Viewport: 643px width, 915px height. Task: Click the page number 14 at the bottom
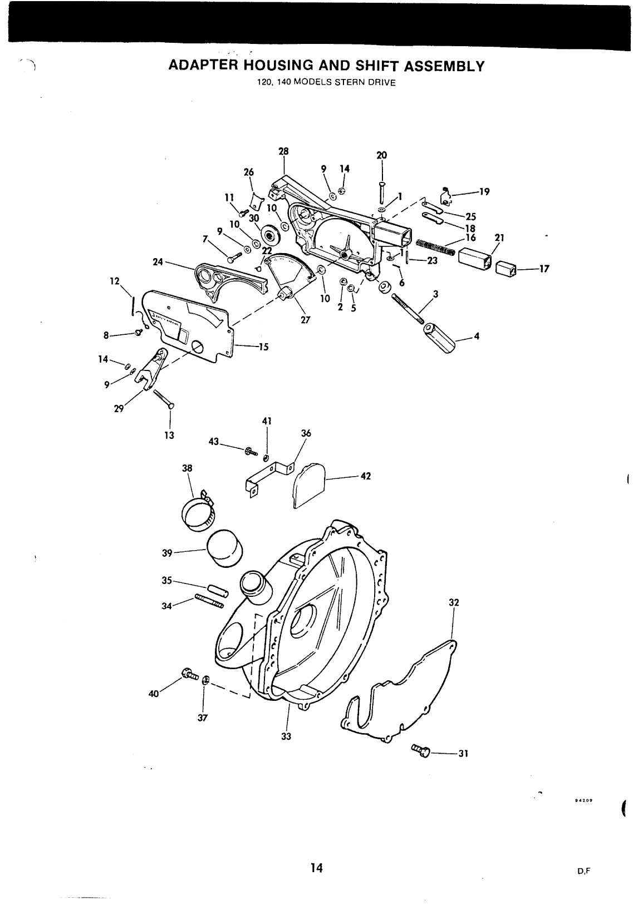tap(317, 868)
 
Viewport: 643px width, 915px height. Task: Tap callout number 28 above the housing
tap(284, 151)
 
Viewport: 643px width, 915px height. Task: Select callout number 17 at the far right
tap(544, 269)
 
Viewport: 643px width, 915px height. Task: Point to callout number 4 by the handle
tap(476, 336)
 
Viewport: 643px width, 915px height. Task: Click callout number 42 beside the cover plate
tap(365, 476)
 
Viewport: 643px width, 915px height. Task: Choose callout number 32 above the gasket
tap(454, 602)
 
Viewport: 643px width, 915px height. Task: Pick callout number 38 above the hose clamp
tap(187, 468)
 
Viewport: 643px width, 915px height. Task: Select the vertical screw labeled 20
tap(382, 192)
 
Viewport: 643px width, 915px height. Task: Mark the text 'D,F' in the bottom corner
tap(583, 871)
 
